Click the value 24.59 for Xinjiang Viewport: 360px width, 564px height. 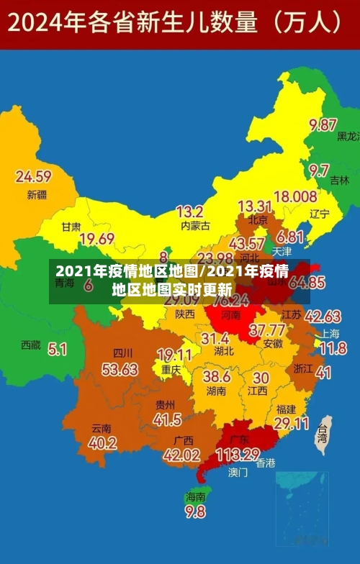(x=33, y=176)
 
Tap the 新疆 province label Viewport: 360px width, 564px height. (x=37, y=194)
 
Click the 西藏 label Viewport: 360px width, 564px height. (x=31, y=345)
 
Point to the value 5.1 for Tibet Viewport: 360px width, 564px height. (x=58, y=349)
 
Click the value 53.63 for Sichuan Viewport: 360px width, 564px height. (x=120, y=369)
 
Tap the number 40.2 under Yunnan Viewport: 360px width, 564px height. (x=102, y=443)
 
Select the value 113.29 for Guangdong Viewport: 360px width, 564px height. (x=238, y=454)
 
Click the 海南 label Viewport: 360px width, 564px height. (x=195, y=496)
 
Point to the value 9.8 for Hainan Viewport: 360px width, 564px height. (x=195, y=511)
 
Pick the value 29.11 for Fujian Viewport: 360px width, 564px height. (x=292, y=424)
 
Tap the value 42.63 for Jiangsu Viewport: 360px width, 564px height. (x=323, y=316)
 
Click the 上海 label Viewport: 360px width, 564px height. (x=330, y=333)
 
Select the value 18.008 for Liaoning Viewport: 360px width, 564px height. (x=295, y=196)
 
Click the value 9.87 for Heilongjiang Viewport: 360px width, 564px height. (x=323, y=124)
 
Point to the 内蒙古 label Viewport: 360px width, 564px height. (x=195, y=226)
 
